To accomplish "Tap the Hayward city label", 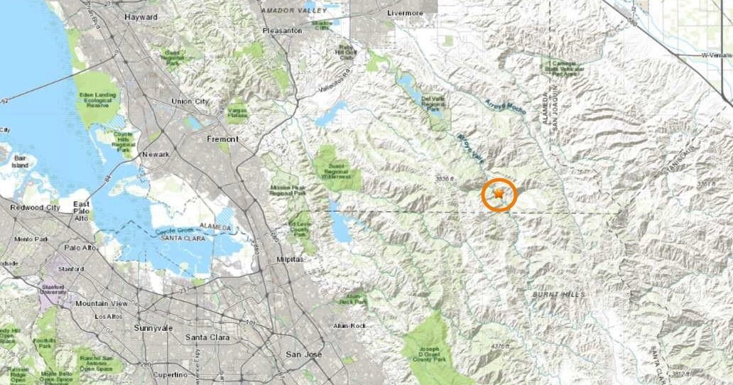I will point(140,17).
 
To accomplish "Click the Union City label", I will point(190,102).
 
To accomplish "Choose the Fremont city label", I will point(222,139).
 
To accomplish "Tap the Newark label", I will point(155,154).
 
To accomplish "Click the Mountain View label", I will point(102,303).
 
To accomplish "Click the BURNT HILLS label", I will point(558,293).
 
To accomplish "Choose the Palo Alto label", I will point(80,247).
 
